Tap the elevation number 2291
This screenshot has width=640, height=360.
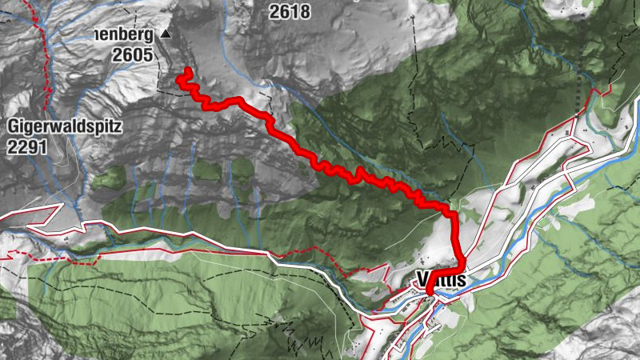(27, 146)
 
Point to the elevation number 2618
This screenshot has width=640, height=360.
(290, 12)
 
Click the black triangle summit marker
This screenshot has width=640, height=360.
(165, 34)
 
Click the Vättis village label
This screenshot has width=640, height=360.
(441, 279)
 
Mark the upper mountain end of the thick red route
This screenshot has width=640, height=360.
(188, 72)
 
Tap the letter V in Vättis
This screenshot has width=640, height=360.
(423, 279)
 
